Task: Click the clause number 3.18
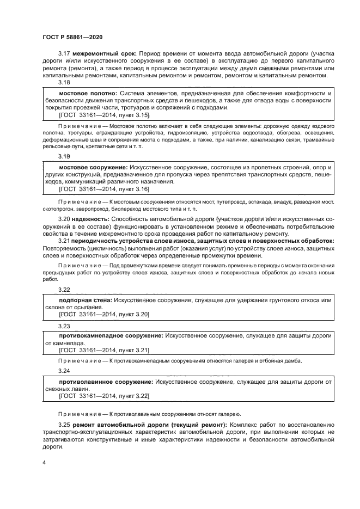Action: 64,83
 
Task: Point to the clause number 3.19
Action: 64,156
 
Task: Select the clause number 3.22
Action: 64,290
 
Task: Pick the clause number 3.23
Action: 64,326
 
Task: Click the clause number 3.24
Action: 64,371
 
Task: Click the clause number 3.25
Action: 64,424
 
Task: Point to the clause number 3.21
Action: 64,241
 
